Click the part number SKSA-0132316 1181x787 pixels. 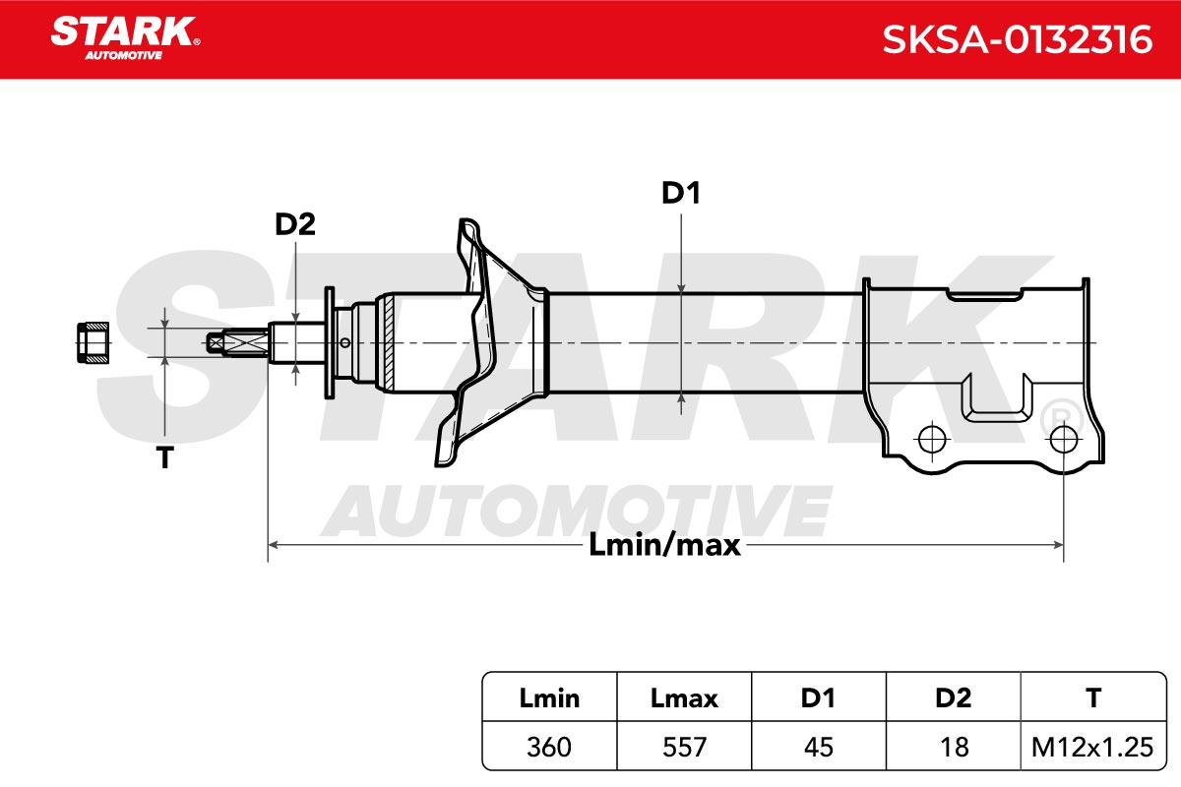(x=1017, y=39)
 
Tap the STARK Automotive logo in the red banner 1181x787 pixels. (x=125, y=38)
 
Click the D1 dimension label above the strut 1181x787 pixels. (x=681, y=193)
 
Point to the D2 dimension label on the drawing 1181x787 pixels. (x=294, y=224)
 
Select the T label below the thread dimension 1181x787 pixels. (x=165, y=457)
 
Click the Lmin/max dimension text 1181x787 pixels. (x=664, y=545)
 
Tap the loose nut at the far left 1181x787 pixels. (x=93, y=342)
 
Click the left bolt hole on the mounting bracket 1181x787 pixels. (x=932, y=440)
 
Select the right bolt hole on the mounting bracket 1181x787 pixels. (x=1064, y=440)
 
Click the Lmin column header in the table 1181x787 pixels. (x=549, y=698)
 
